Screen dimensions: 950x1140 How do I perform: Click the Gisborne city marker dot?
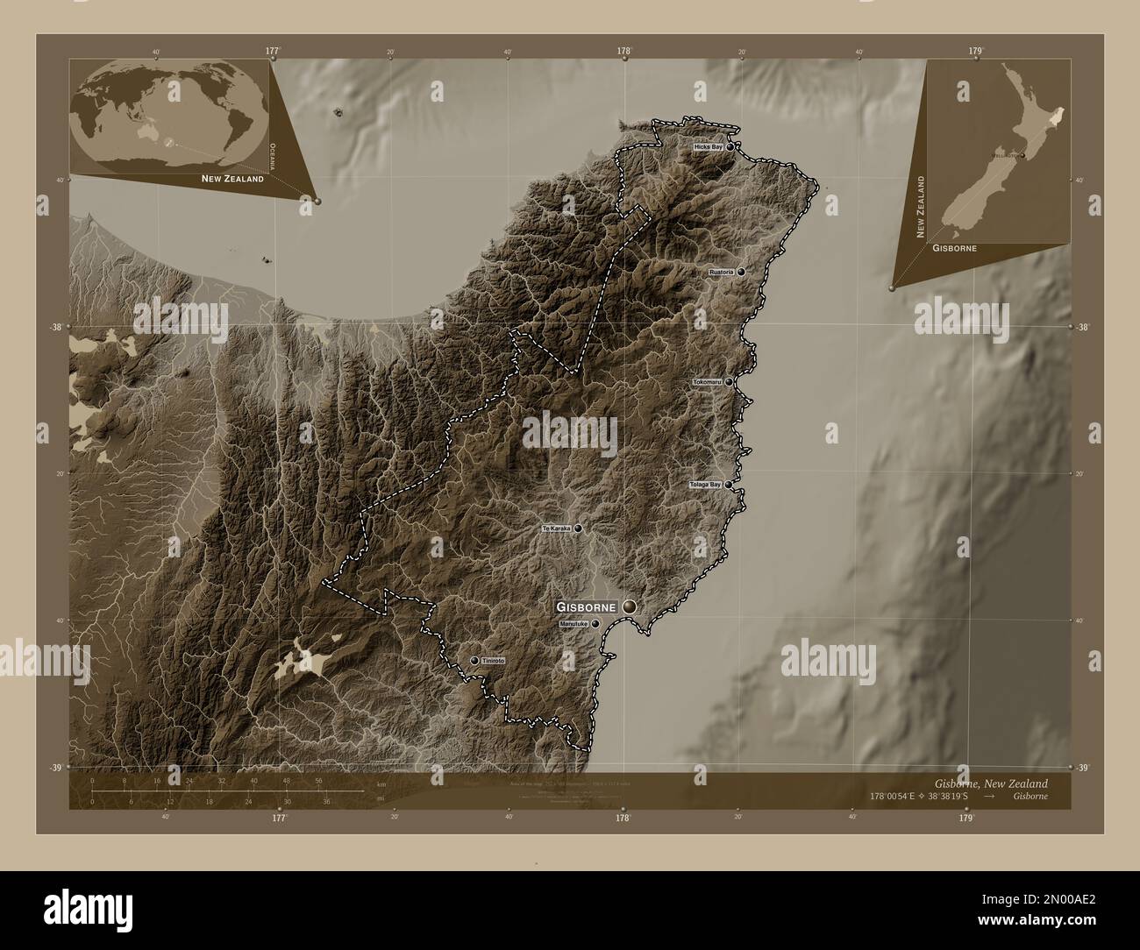(631, 606)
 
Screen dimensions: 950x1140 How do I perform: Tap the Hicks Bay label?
(707, 147)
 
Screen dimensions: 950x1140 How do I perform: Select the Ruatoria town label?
(721, 273)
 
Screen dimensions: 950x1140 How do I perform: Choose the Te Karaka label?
(556, 528)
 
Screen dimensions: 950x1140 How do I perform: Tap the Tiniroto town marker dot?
(474, 660)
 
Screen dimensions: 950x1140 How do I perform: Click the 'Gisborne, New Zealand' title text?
(990, 783)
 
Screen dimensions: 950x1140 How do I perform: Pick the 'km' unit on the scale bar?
(380, 783)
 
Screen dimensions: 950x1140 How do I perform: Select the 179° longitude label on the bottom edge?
(966, 818)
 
